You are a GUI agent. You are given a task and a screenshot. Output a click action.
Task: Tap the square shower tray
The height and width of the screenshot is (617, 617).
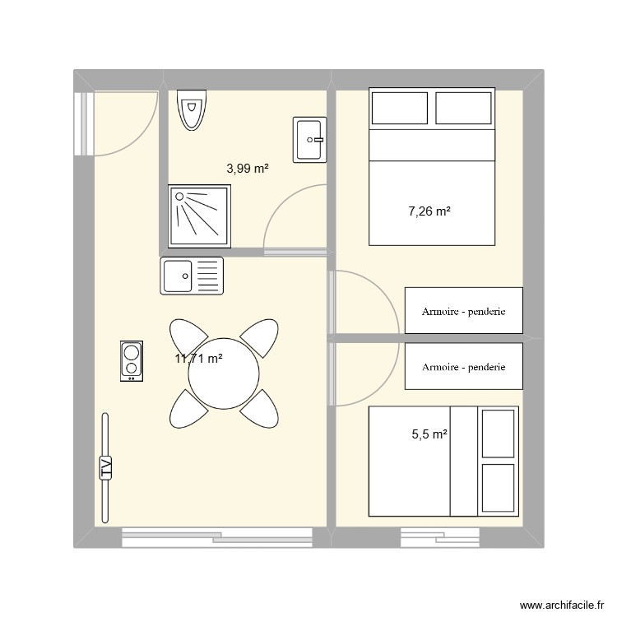point(200,216)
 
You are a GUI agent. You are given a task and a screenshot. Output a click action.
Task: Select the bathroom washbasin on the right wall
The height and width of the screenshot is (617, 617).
point(309,139)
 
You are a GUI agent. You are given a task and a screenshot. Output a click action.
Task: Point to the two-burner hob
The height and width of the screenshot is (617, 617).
point(131,360)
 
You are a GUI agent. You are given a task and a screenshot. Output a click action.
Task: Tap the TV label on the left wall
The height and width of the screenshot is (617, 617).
point(105,466)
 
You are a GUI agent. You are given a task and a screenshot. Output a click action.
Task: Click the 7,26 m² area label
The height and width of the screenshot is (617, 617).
point(429,211)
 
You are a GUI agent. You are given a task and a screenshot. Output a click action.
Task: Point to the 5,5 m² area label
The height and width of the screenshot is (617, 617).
point(429,434)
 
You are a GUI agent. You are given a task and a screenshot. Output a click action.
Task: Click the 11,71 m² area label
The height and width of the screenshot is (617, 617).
point(198,358)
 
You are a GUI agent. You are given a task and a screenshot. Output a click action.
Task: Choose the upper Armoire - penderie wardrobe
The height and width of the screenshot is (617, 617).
point(463,311)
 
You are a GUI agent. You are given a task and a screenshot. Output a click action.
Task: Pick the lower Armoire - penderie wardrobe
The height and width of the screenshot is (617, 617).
point(463,367)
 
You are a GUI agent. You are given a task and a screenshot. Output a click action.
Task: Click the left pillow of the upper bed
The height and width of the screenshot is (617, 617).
point(400,108)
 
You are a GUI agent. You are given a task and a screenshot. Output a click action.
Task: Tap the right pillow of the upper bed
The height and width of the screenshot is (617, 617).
point(463,108)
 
